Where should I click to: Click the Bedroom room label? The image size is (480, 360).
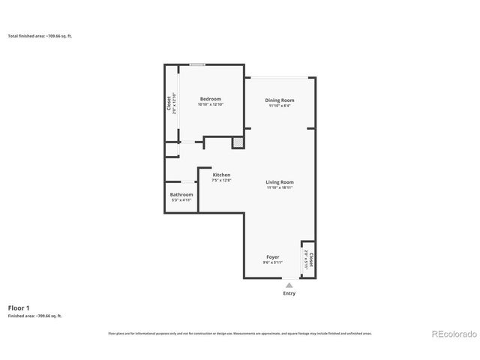(210, 99)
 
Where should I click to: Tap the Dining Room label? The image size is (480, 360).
(280, 100)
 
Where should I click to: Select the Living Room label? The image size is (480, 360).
(280, 181)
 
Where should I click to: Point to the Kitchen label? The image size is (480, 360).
(211, 175)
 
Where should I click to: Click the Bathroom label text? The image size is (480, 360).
(181, 194)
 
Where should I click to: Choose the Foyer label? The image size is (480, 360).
(272, 256)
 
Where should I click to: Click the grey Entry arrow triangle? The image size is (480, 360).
(289, 284)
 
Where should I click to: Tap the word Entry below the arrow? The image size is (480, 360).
(289, 293)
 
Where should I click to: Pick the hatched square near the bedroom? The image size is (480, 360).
(237, 142)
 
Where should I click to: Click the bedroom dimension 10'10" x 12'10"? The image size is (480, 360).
(210, 105)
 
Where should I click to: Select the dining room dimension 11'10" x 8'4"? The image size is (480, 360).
(280, 106)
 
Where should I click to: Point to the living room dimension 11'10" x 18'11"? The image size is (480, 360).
(280, 187)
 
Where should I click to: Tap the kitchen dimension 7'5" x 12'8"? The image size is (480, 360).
(211, 181)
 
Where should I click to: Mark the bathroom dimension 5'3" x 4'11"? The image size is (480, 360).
(181, 200)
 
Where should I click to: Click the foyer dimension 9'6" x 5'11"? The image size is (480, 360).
(272, 262)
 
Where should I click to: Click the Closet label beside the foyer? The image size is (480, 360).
(310, 259)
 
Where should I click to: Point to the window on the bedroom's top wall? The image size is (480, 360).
(197, 64)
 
